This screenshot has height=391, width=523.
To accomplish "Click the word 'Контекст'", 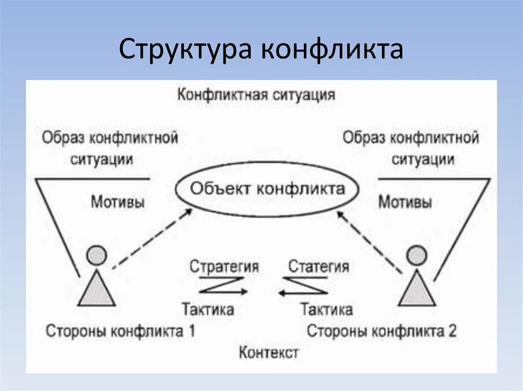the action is pyautogui.click(x=268, y=352).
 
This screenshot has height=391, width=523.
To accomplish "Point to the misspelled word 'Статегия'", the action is pyautogui.click(x=319, y=266).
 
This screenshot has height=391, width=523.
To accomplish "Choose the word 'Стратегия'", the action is pyautogui.click(x=224, y=266).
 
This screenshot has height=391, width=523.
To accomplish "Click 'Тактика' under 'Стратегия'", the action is pyautogui.click(x=208, y=309).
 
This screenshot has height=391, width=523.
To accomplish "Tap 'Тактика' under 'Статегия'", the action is pyautogui.click(x=326, y=309).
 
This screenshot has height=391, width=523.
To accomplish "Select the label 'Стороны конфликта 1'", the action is pyautogui.click(x=121, y=331).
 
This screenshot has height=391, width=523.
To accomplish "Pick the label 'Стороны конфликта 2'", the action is pyautogui.click(x=382, y=331).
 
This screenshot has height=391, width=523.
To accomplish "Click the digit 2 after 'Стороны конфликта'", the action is pyautogui.click(x=451, y=331).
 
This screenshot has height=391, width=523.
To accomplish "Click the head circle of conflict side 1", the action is pyautogui.click(x=97, y=255).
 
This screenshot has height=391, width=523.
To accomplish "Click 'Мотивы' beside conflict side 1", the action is pyautogui.click(x=117, y=202).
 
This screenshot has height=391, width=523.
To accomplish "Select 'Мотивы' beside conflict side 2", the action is pyautogui.click(x=405, y=202).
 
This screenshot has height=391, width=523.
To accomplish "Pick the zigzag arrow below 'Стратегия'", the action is pyautogui.click(x=222, y=285).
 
